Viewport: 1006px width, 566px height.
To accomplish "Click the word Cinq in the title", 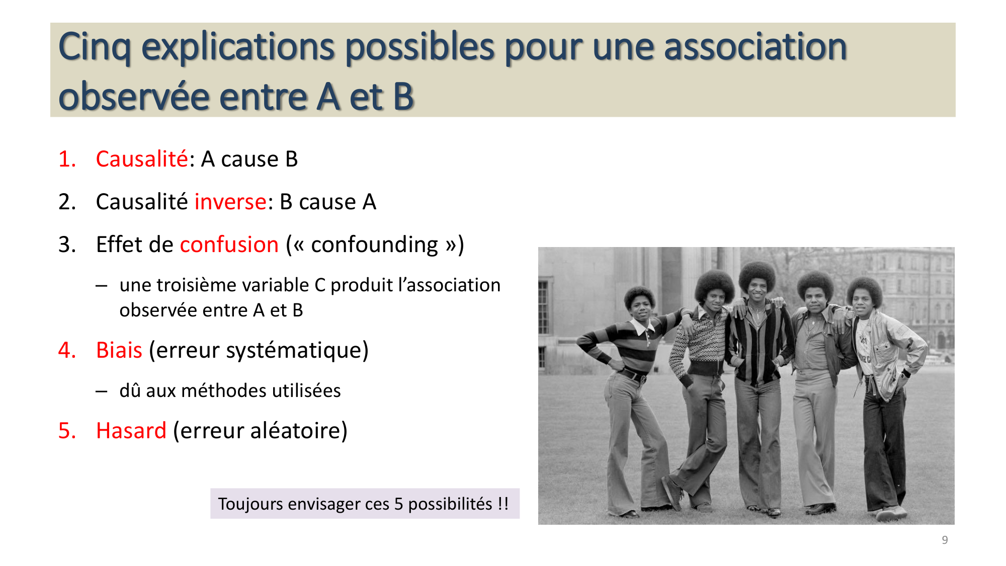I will [94, 47].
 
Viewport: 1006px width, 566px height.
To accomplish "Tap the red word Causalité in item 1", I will [141, 159].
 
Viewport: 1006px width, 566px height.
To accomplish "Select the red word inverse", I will [230, 202].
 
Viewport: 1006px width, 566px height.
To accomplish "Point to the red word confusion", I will [229, 245].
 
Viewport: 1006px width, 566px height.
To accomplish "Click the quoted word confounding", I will [374, 245].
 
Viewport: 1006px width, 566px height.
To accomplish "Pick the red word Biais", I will [119, 350].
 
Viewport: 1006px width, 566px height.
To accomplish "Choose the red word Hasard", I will [131, 431].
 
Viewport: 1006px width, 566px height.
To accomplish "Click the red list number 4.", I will [67, 350].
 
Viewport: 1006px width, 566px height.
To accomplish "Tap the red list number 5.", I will [67, 431].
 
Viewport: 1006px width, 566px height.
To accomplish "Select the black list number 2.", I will [67, 202].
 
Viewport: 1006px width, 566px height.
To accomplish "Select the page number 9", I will [945, 540].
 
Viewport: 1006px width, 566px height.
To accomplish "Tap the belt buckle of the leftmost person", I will [643, 378].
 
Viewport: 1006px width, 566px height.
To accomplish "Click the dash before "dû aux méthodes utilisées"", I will [101, 391].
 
